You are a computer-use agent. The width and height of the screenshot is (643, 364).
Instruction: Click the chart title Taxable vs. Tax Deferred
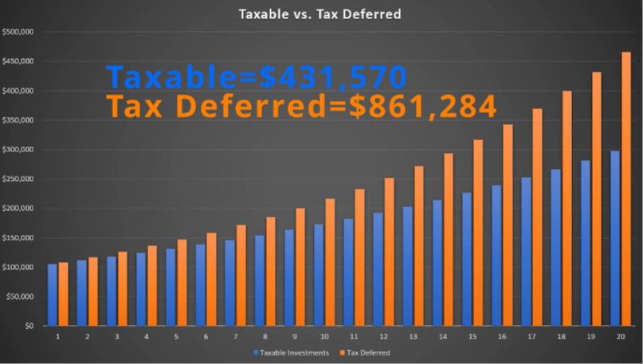321,14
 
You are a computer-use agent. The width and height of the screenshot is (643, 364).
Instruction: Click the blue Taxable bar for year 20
614,238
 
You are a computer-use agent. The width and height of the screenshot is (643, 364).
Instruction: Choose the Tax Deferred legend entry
363,352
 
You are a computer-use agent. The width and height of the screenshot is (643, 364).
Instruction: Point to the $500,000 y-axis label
18,33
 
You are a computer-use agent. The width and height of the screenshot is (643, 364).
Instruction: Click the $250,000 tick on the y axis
18,179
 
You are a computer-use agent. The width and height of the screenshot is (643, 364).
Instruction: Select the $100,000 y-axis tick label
18,267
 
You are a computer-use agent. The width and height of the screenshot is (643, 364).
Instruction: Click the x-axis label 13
413,338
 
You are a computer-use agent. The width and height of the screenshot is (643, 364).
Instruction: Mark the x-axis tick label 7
236,338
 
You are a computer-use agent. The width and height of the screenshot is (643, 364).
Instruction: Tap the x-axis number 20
620,338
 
